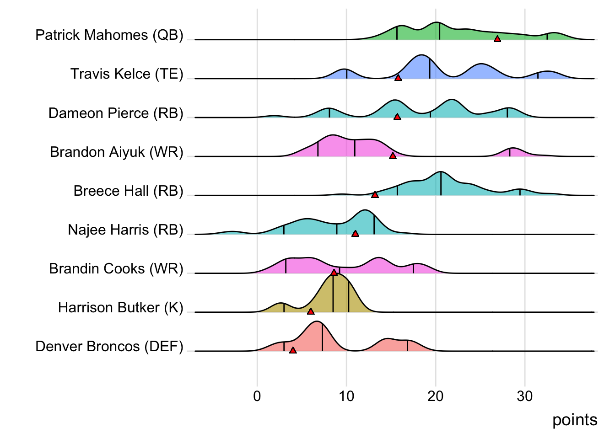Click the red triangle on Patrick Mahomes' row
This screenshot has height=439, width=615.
click(497, 39)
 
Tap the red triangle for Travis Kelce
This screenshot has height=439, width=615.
click(398, 78)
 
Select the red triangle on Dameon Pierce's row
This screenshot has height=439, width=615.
click(397, 117)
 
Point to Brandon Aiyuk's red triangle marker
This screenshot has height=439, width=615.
click(393, 156)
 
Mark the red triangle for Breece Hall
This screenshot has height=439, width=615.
click(375, 195)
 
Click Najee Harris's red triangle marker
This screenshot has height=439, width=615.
click(355, 234)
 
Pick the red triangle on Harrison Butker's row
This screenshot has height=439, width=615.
click(311, 311)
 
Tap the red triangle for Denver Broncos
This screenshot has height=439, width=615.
click(293, 350)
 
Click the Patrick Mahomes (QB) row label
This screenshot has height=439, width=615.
click(109, 35)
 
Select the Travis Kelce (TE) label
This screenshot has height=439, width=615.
click(127, 74)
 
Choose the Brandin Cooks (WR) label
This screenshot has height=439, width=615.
click(116, 268)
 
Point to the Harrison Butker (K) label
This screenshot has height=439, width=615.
click(120, 308)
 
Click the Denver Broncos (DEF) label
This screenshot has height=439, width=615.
click(109, 347)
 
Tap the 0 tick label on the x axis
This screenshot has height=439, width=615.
click(257, 396)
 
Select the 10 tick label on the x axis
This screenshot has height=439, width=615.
click(346, 396)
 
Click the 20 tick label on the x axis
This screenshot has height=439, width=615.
click(436, 396)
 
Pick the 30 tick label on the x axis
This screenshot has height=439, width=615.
click(525, 396)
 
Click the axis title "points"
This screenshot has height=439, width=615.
click(575, 420)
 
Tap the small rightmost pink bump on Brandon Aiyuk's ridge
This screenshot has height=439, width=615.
click(512, 152)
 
